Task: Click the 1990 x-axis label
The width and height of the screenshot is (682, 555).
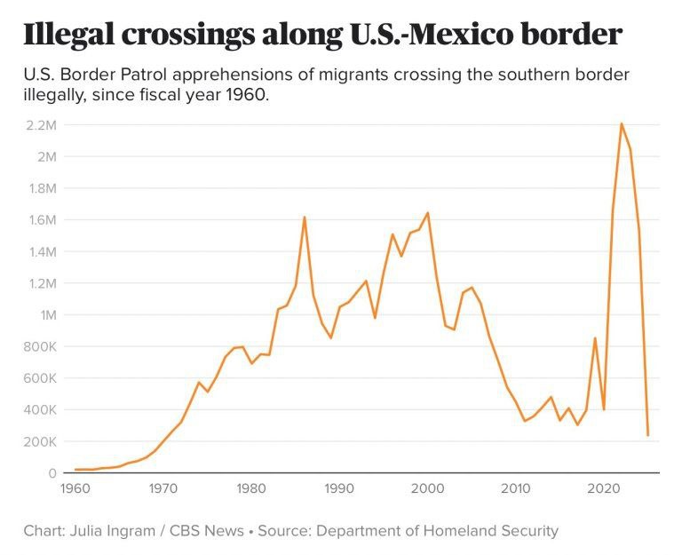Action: click(x=339, y=488)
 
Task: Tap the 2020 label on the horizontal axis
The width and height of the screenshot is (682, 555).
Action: click(x=604, y=488)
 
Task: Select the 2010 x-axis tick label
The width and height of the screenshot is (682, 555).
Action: click(x=515, y=488)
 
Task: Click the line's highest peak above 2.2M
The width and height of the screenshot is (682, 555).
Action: click(x=622, y=123)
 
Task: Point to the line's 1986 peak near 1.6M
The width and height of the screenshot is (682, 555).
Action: click(x=305, y=217)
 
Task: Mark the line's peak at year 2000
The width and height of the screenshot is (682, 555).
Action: click(x=428, y=212)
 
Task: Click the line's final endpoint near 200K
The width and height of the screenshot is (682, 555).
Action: click(x=648, y=435)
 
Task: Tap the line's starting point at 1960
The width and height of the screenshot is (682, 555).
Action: click(x=75, y=469)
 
